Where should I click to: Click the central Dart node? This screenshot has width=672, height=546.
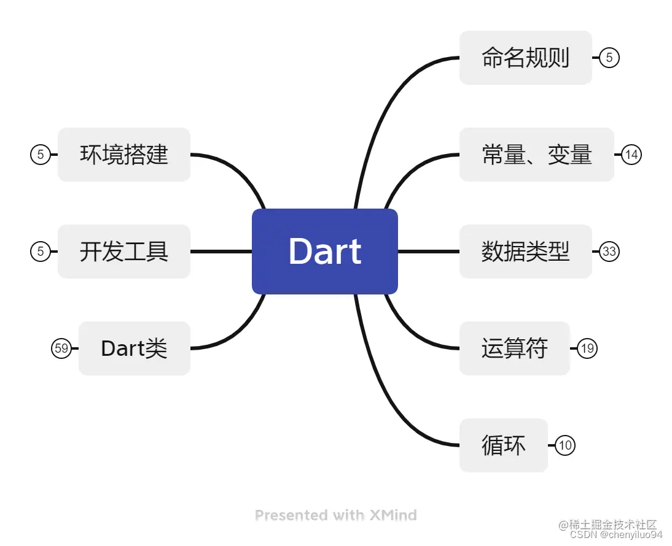pos(325,252)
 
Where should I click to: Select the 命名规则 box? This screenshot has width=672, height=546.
pos(525,58)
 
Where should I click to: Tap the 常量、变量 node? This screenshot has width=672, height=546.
pos(536,155)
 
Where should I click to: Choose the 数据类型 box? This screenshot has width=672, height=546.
pos(525,252)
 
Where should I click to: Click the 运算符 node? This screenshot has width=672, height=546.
pos(514,348)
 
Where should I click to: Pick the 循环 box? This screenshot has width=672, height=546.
pos(503,445)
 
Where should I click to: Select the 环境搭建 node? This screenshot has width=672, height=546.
pos(124,155)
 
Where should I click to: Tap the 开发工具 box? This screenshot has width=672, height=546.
pos(124,252)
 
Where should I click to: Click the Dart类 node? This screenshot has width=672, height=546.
pos(134,348)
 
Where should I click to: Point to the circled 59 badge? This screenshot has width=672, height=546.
pos(61,348)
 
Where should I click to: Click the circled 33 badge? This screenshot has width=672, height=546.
pos(609,252)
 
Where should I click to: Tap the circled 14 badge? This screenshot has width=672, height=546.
pos(631,155)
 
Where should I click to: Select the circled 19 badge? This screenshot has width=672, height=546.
pos(587,348)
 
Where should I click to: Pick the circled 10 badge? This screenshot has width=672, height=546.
pos(565,445)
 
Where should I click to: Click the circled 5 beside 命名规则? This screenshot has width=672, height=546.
pos(609,58)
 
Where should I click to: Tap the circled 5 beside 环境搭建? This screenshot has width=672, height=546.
pos(41,155)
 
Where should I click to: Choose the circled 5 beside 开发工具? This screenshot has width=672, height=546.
pos(41,252)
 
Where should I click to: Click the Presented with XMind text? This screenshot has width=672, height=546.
pos(336,515)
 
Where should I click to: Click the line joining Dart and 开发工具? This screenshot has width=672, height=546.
pos(221,252)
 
